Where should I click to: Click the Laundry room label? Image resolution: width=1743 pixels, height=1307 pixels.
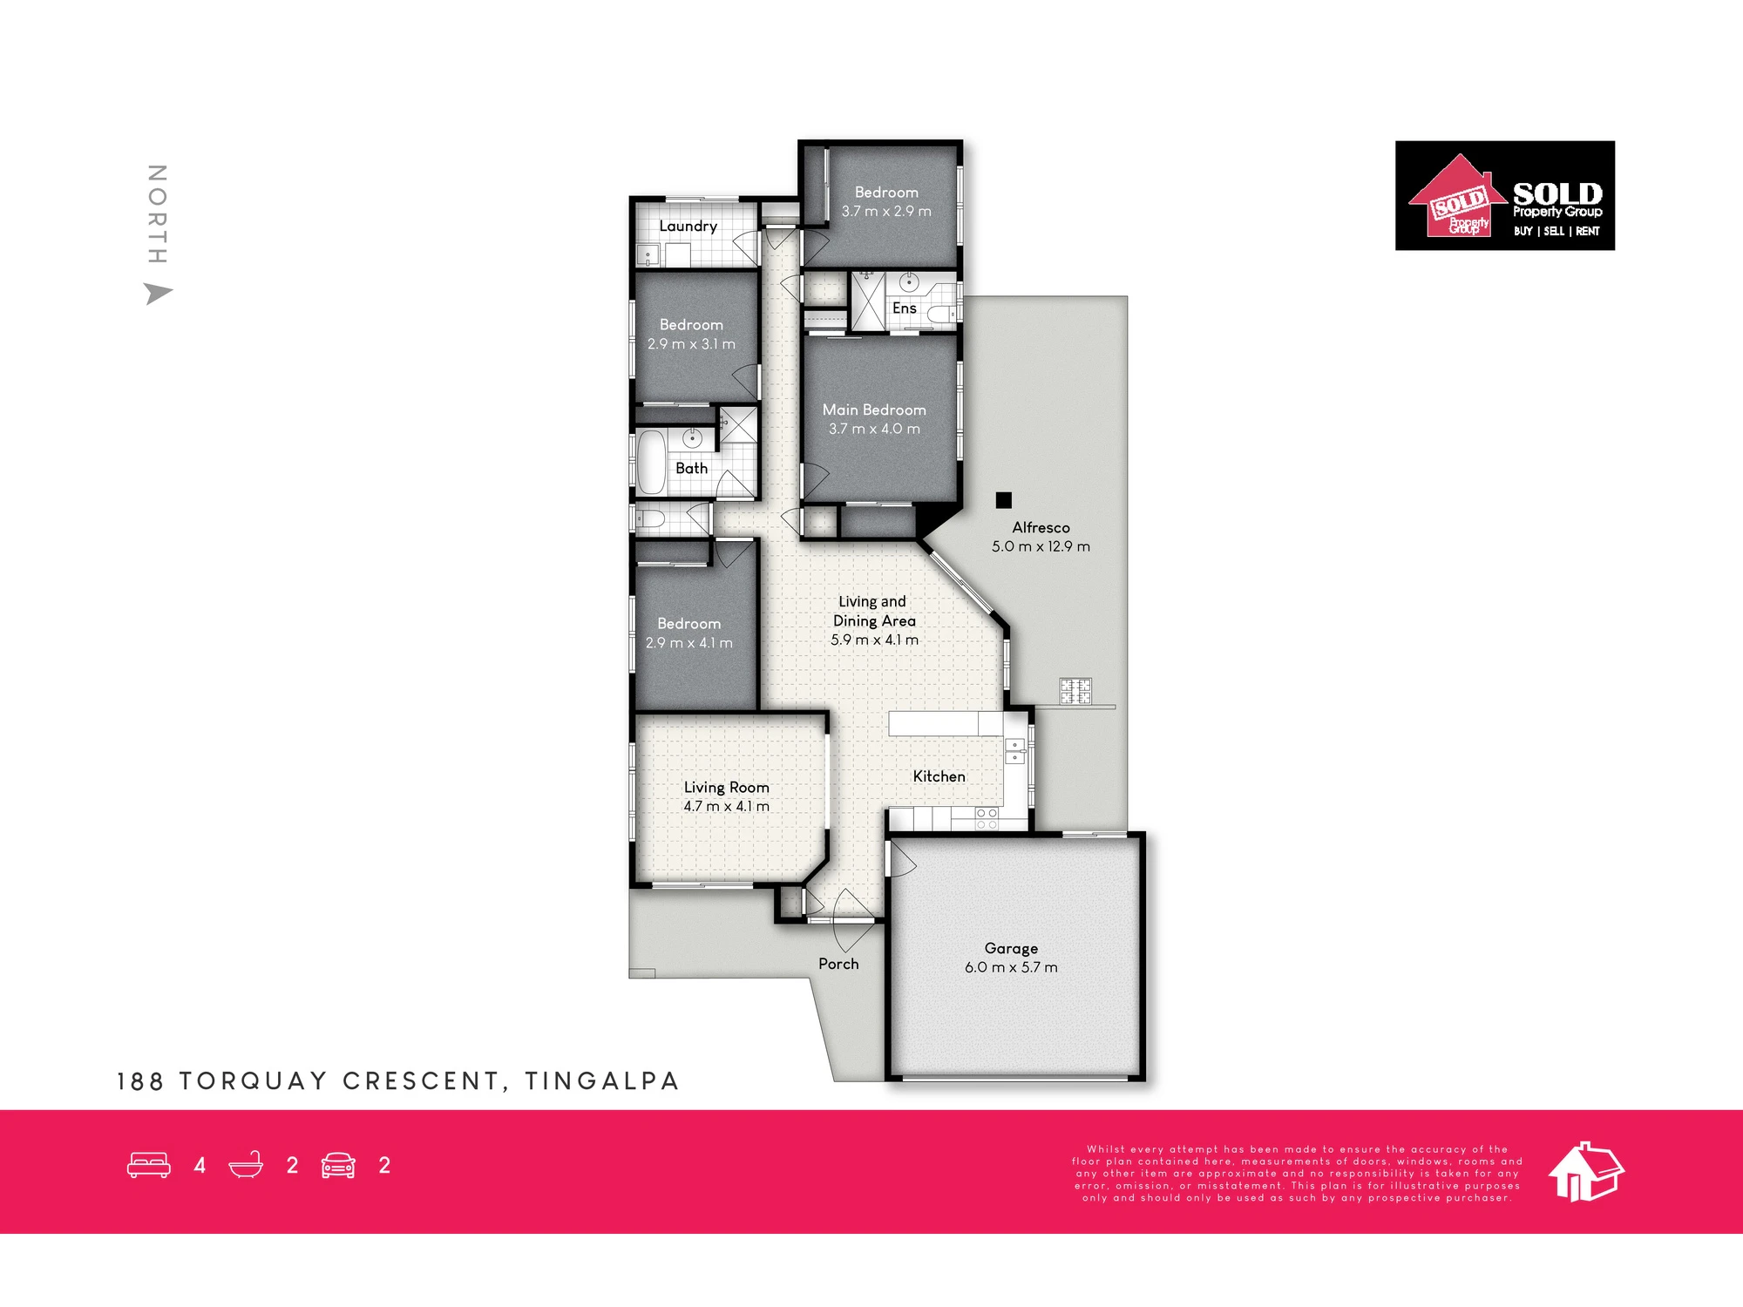point(688,227)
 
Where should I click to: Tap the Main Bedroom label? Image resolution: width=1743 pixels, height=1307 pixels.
point(874,410)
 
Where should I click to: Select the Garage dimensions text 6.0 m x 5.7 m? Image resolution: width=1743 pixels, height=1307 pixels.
point(1011,967)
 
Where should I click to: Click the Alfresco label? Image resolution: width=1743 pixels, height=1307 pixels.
point(1041,527)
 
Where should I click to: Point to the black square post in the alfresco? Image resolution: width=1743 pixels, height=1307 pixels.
point(1004,500)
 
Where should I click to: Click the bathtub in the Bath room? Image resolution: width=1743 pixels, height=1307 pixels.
point(650,462)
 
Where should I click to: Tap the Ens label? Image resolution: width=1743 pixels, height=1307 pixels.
point(904,308)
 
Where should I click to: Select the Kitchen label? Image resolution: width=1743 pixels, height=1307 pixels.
point(939,776)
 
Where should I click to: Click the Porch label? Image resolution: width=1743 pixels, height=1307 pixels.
point(838,964)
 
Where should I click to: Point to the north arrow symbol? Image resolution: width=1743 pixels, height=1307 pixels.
point(157,294)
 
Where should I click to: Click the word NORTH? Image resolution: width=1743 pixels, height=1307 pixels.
point(157,213)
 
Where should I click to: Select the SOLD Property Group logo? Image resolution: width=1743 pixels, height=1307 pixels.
point(1505,196)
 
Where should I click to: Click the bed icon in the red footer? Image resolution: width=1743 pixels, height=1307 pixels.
point(149,1165)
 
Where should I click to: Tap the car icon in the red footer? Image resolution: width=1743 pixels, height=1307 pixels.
point(338,1165)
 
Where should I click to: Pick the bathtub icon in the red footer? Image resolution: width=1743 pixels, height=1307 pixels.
point(246,1165)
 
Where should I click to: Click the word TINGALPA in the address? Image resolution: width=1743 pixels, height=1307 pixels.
point(601,1081)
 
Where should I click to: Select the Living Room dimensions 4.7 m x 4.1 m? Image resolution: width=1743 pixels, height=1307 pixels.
point(726,807)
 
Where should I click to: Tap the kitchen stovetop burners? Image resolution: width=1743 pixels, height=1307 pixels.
point(987,818)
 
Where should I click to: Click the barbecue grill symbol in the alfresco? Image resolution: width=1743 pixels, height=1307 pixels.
point(1075,691)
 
